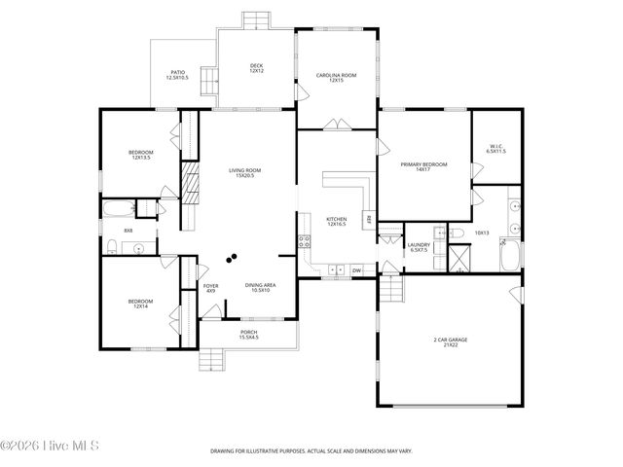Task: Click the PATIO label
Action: click(x=176, y=74)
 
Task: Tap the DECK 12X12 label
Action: click(x=256, y=67)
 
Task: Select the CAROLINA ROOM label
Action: click(x=335, y=77)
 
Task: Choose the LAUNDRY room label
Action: click(x=419, y=247)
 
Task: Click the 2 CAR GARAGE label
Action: click(x=451, y=341)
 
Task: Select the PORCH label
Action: click(x=249, y=334)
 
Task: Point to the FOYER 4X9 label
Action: click(x=210, y=288)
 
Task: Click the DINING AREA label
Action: click(x=261, y=287)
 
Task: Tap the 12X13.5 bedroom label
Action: click(x=142, y=155)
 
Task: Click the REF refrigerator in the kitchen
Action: click(x=369, y=220)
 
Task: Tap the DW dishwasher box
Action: click(x=356, y=269)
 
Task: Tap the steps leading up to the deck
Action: click(x=256, y=20)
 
